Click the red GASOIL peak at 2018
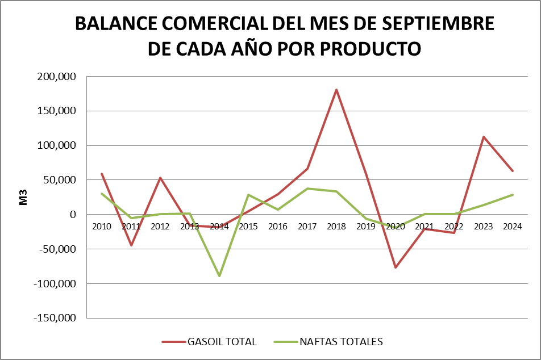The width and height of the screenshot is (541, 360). point(336,90)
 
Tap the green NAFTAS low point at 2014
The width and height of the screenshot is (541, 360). point(219,276)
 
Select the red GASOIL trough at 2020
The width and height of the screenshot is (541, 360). point(395,267)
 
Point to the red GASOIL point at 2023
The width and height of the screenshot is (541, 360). point(483,137)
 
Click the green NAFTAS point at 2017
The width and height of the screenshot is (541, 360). point(307,189)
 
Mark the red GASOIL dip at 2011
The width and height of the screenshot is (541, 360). point(131,245)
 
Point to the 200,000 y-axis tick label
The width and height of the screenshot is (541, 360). point(57,77)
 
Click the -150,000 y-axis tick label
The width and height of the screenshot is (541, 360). point(55,318)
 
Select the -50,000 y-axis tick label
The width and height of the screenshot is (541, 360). point(57,249)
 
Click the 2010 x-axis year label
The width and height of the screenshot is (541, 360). point(102,226)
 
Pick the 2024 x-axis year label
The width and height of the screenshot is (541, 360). point(513,226)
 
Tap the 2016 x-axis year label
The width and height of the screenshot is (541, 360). point(278,226)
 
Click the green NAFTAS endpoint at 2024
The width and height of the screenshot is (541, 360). point(513,195)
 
